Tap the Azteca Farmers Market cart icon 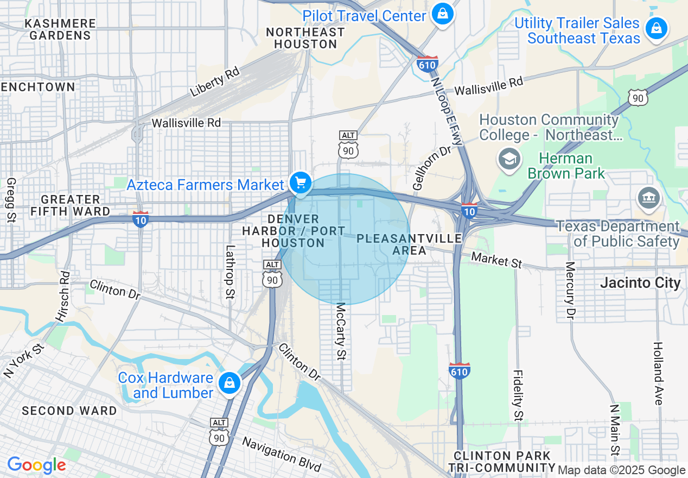[300, 183]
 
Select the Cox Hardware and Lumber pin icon [230, 383]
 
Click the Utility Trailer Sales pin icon [657, 28]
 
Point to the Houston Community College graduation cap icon [509, 159]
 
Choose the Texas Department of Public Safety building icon [649, 198]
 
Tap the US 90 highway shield [638, 96]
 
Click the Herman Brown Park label [566, 166]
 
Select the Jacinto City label [640, 283]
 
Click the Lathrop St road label [231, 272]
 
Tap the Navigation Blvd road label [282, 454]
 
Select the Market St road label [496, 260]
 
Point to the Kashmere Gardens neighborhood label [60, 29]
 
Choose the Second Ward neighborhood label [69, 411]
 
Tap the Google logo [36, 465]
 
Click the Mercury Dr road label [570, 290]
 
